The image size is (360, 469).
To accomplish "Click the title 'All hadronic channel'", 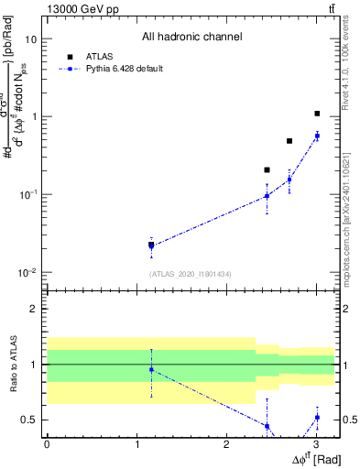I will tap(191, 38).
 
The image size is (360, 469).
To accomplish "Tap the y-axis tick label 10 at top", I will tap(30, 39).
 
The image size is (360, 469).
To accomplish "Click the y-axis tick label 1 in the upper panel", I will tap(33, 117).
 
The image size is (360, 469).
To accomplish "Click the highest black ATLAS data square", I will tap(317, 114).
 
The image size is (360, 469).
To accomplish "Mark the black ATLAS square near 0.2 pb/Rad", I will tap(267, 169).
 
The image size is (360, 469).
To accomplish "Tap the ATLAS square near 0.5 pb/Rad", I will tap(289, 141).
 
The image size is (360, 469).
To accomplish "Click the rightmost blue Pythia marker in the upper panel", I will tap(317, 136).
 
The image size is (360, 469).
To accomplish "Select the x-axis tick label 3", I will tap(316, 444).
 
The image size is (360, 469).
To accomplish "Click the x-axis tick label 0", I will tap(46, 444).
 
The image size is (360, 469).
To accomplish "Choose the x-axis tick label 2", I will tap(226, 444).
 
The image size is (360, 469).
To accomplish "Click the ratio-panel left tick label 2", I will tap(33, 309).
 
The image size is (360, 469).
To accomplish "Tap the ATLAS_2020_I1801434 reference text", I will tap(190, 274).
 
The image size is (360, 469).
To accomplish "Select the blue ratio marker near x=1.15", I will tap(150, 369).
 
